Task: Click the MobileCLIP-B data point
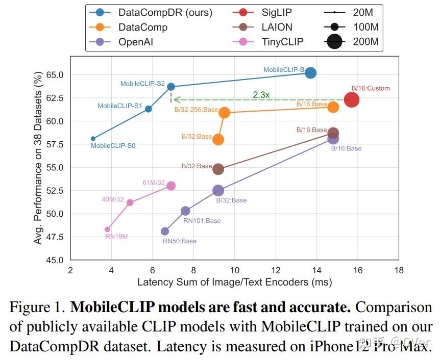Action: [x=310, y=73]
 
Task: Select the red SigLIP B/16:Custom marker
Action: [x=351, y=100]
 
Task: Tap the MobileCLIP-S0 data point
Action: [x=93, y=139]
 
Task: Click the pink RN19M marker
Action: [x=107, y=229]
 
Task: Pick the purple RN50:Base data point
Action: [x=165, y=232]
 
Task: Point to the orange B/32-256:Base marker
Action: [x=224, y=113]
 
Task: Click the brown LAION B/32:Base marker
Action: [x=218, y=169]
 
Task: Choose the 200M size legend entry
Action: [x=366, y=41]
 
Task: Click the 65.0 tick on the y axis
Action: [x=54, y=74]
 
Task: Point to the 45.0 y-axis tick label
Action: [x=54, y=260]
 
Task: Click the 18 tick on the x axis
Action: [x=399, y=270]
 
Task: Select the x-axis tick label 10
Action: [x=235, y=270]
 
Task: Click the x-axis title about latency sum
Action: [x=234, y=282]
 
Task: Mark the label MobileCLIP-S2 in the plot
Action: [x=142, y=84]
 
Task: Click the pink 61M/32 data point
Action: [x=171, y=186]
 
